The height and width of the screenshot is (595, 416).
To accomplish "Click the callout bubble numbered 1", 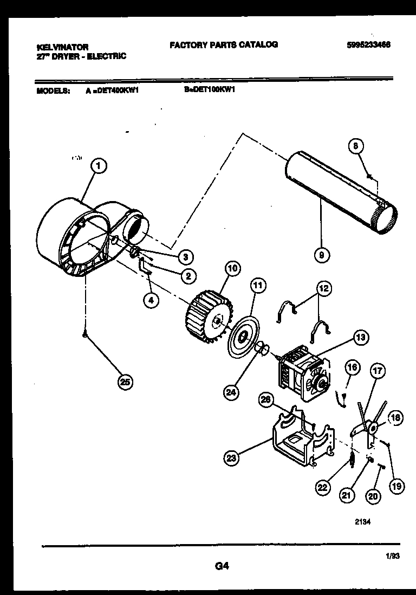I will click(x=98, y=166).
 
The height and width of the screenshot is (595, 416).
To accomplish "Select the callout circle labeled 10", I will click(x=232, y=269).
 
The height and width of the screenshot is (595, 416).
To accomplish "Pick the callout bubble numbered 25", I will click(x=126, y=382).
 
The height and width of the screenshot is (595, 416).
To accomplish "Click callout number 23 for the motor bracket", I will click(x=232, y=458).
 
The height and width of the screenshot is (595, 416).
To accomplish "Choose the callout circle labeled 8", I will click(x=355, y=146).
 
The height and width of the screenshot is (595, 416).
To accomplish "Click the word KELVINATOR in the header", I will click(x=63, y=48).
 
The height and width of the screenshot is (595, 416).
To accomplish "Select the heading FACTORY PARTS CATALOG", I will click(x=224, y=45).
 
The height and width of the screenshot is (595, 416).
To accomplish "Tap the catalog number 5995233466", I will click(x=368, y=45).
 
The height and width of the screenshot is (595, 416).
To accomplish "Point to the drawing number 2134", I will click(x=363, y=523).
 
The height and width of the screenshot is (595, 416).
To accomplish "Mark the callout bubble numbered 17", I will click(x=378, y=372).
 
